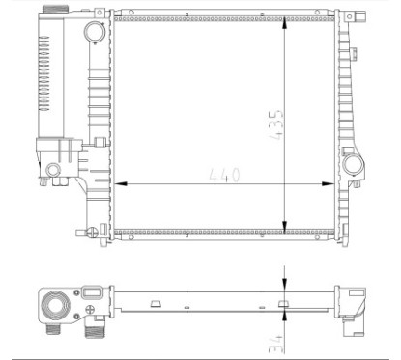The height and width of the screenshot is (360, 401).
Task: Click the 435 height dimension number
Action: (x=276, y=125)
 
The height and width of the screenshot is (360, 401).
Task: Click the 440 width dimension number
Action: (x=225, y=175)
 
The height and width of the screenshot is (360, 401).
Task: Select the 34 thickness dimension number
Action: (x=276, y=344)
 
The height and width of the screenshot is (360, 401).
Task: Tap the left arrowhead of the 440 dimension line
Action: (x=121, y=184)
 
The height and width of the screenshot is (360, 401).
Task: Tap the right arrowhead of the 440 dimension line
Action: (x=328, y=184)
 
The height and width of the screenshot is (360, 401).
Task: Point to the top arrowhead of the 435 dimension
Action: (x=284, y=23)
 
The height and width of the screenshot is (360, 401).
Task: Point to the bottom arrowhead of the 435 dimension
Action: (x=284, y=226)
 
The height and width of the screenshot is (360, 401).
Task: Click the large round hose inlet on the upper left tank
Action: (x=95, y=32)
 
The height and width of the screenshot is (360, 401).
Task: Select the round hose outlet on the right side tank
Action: (x=354, y=164)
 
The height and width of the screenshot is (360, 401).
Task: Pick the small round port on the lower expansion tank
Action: (x=53, y=170)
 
